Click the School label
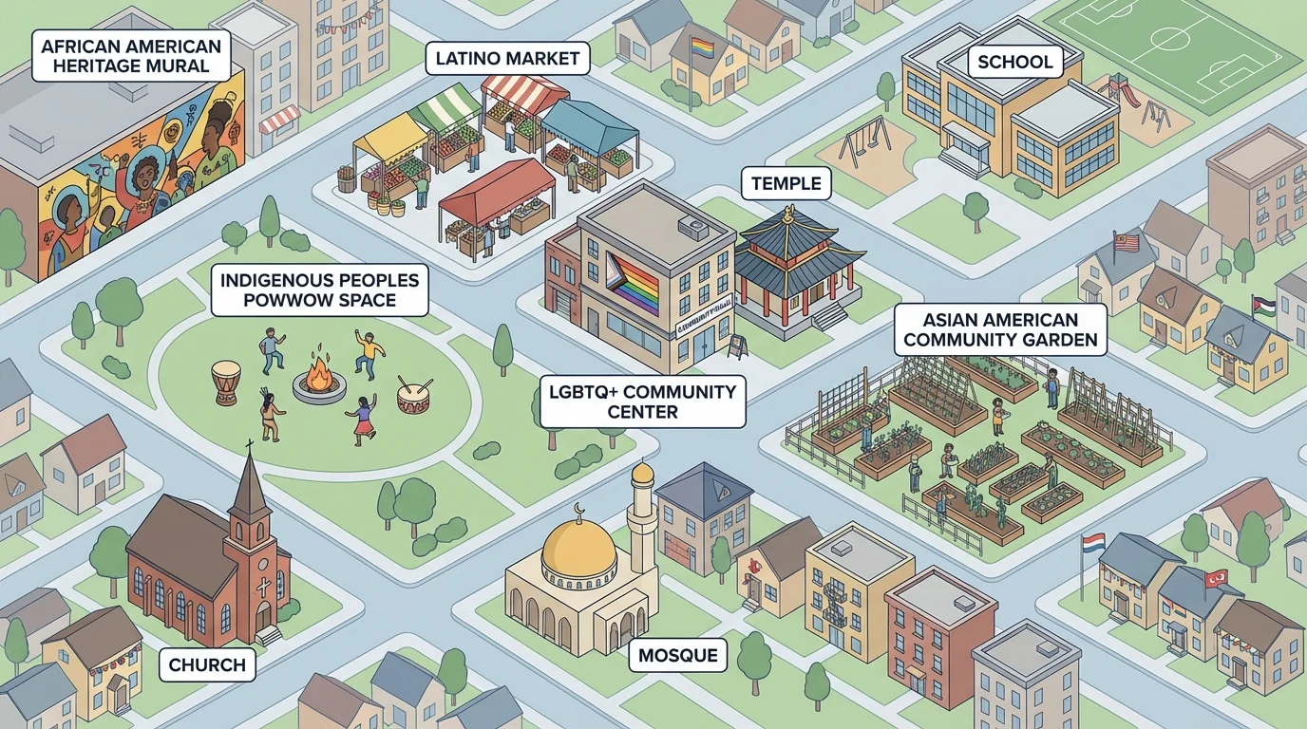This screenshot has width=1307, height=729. coord(1014,63)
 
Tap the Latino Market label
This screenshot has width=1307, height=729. coord(507,59)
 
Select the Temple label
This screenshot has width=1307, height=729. coord(786,183)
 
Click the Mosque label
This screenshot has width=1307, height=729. coord(677,655)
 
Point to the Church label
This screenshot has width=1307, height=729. coord(207,664)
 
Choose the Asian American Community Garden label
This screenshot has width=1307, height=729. coord(1000,328)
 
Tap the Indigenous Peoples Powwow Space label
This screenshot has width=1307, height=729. coord(320,290)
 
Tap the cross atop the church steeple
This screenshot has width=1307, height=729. coord(249,446)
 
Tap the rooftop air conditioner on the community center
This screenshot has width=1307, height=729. coord(692,227)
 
